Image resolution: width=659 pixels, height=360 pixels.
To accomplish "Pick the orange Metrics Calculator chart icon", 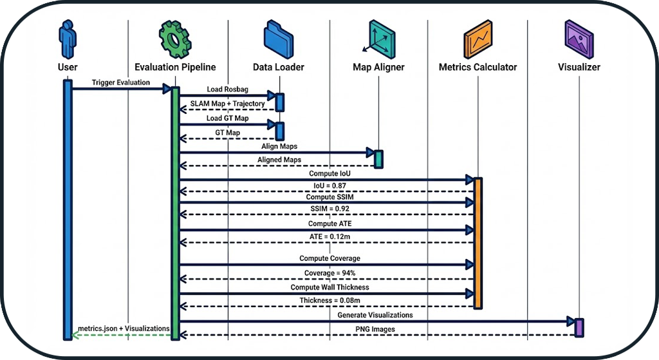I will (478, 39).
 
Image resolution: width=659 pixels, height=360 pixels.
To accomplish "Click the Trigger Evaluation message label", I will (120, 82).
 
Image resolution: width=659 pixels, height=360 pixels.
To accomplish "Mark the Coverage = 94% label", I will (327, 273).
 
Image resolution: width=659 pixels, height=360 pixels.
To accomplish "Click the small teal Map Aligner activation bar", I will (378, 158).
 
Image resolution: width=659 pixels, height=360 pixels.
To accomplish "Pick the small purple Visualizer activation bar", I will (579, 327).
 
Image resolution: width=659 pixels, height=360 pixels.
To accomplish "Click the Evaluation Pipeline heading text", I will (175, 67).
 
